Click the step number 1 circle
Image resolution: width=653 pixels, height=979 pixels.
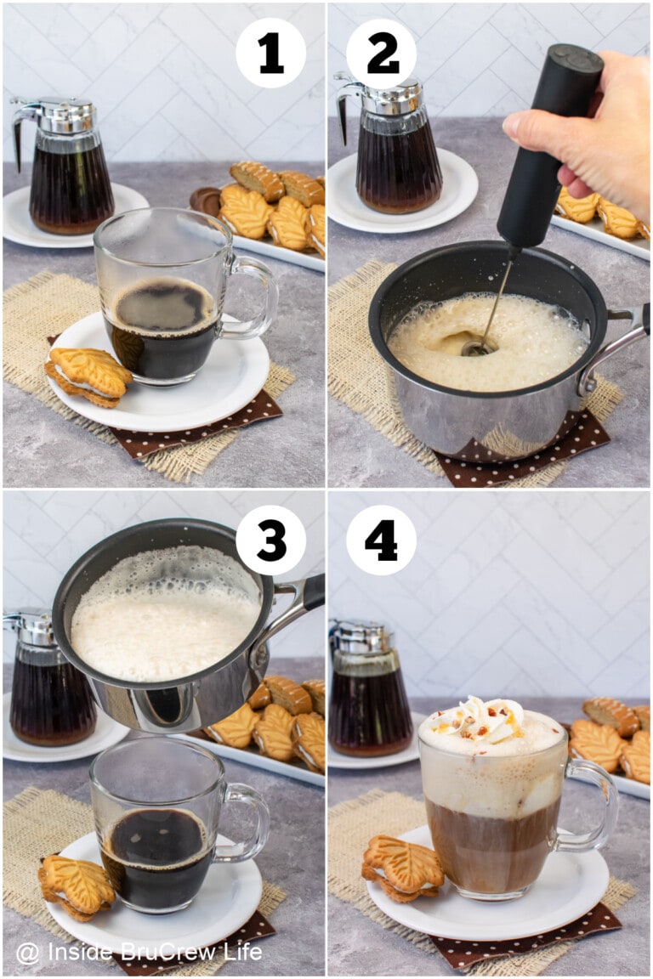270,54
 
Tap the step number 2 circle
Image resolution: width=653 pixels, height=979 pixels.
382,54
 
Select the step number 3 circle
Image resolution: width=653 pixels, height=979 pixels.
270,540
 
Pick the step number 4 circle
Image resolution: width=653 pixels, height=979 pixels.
382,540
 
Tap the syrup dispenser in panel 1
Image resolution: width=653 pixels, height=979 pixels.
68,170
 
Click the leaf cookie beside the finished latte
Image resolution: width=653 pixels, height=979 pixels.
402,867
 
